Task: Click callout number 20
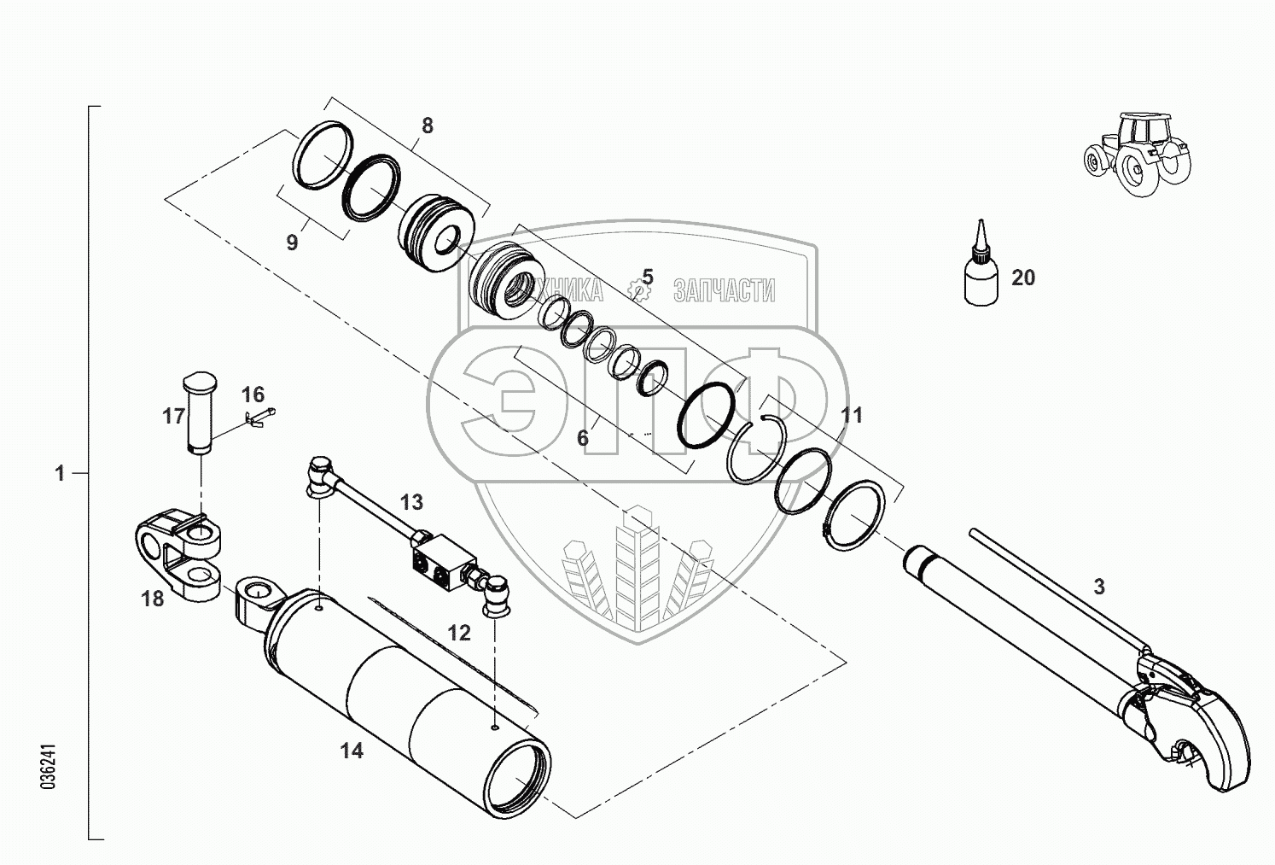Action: click(1022, 278)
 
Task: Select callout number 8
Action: click(427, 126)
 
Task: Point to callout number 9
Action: click(292, 243)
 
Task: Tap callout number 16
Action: click(253, 395)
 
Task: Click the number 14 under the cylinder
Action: click(352, 751)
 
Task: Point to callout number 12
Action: click(458, 633)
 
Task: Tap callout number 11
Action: click(852, 415)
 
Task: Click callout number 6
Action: click(583, 438)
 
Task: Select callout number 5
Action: click(648, 277)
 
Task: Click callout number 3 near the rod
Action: click(1099, 587)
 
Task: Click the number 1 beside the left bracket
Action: click(60, 473)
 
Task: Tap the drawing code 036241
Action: click(49, 769)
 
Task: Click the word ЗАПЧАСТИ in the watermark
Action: click(724, 291)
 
